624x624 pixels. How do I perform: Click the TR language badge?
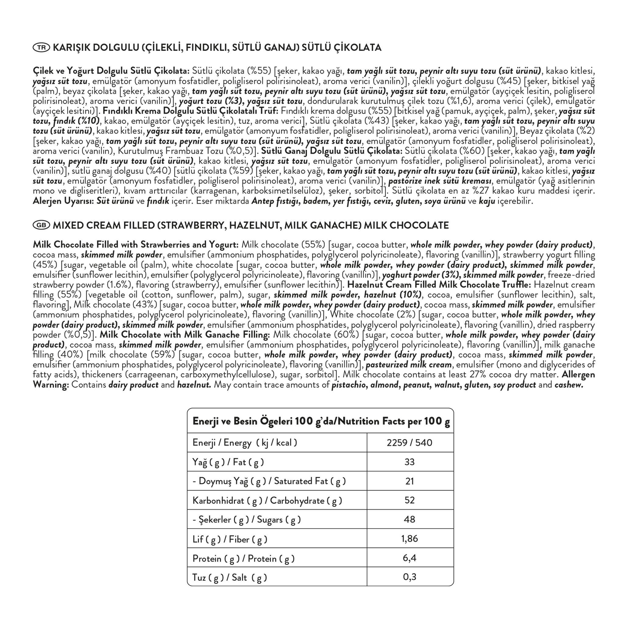(41, 48)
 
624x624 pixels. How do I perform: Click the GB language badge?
(41, 225)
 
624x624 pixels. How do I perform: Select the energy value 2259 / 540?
(409, 442)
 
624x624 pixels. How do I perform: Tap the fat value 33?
(409, 462)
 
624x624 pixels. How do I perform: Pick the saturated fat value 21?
(409, 481)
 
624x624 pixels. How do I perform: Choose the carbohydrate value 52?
(409, 500)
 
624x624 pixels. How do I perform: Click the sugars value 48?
(409, 519)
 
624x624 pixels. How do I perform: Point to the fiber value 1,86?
(409, 539)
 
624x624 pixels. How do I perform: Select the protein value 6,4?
(409, 558)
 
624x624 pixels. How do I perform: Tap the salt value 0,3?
(409, 577)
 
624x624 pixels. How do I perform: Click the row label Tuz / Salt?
(230, 577)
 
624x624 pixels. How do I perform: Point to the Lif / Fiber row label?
(230, 539)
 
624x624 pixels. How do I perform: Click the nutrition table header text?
(321, 421)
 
